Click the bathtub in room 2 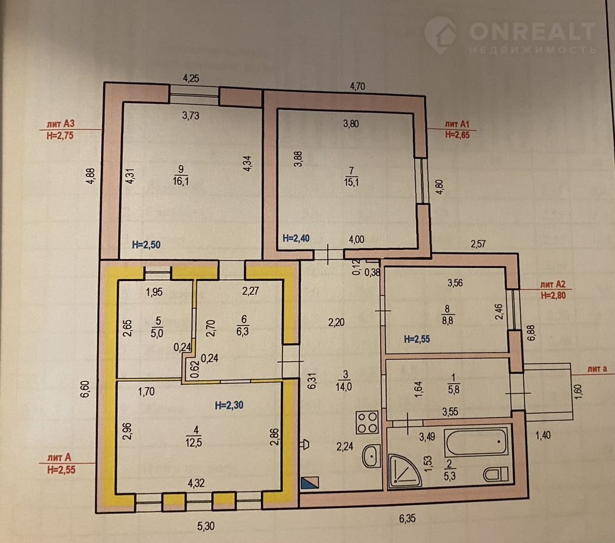(476, 442)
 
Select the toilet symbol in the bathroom (496, 474)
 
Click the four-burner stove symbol (367, 422)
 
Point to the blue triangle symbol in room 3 (309, 483)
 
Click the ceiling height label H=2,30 (229, 405)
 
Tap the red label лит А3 (60, 124)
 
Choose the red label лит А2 (553, 285)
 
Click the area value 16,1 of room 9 (181, 181)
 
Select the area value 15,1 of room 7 (351, 182)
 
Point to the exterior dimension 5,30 (206, 526)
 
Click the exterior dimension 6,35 (407, 519)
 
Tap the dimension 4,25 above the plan (191, 79)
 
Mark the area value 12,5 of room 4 (194, 443)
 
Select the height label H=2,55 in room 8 (417, 340)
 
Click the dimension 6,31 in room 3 (312, 381)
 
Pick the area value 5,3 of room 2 (449, 476)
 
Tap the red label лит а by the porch (597, 369)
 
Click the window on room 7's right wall (422, 181)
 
